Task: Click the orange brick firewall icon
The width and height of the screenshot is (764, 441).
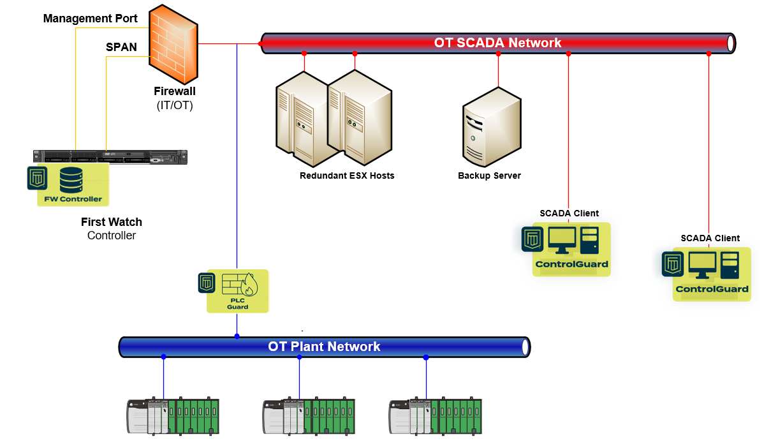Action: [x=173, y=45]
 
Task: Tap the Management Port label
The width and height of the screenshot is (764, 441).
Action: [x=90, y=19]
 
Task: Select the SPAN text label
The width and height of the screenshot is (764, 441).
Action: [x=121, y=47]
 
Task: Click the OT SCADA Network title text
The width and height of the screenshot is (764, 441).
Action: [x=497, y=43]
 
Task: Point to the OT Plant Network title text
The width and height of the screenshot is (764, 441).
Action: [x=324, y=347]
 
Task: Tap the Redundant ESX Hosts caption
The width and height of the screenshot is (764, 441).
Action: [x=347, y=176]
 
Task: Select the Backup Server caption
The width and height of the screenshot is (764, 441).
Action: [x=489, y=176]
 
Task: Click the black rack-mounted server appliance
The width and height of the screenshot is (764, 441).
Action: [x=110, y=156]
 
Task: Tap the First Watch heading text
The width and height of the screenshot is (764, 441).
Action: [x=112, y=222]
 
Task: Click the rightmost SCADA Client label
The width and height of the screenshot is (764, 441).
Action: [x=710, y=238]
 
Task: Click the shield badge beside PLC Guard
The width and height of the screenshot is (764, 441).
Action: [x=207, y=283]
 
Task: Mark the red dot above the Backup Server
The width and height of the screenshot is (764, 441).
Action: [x=498, y=54]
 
